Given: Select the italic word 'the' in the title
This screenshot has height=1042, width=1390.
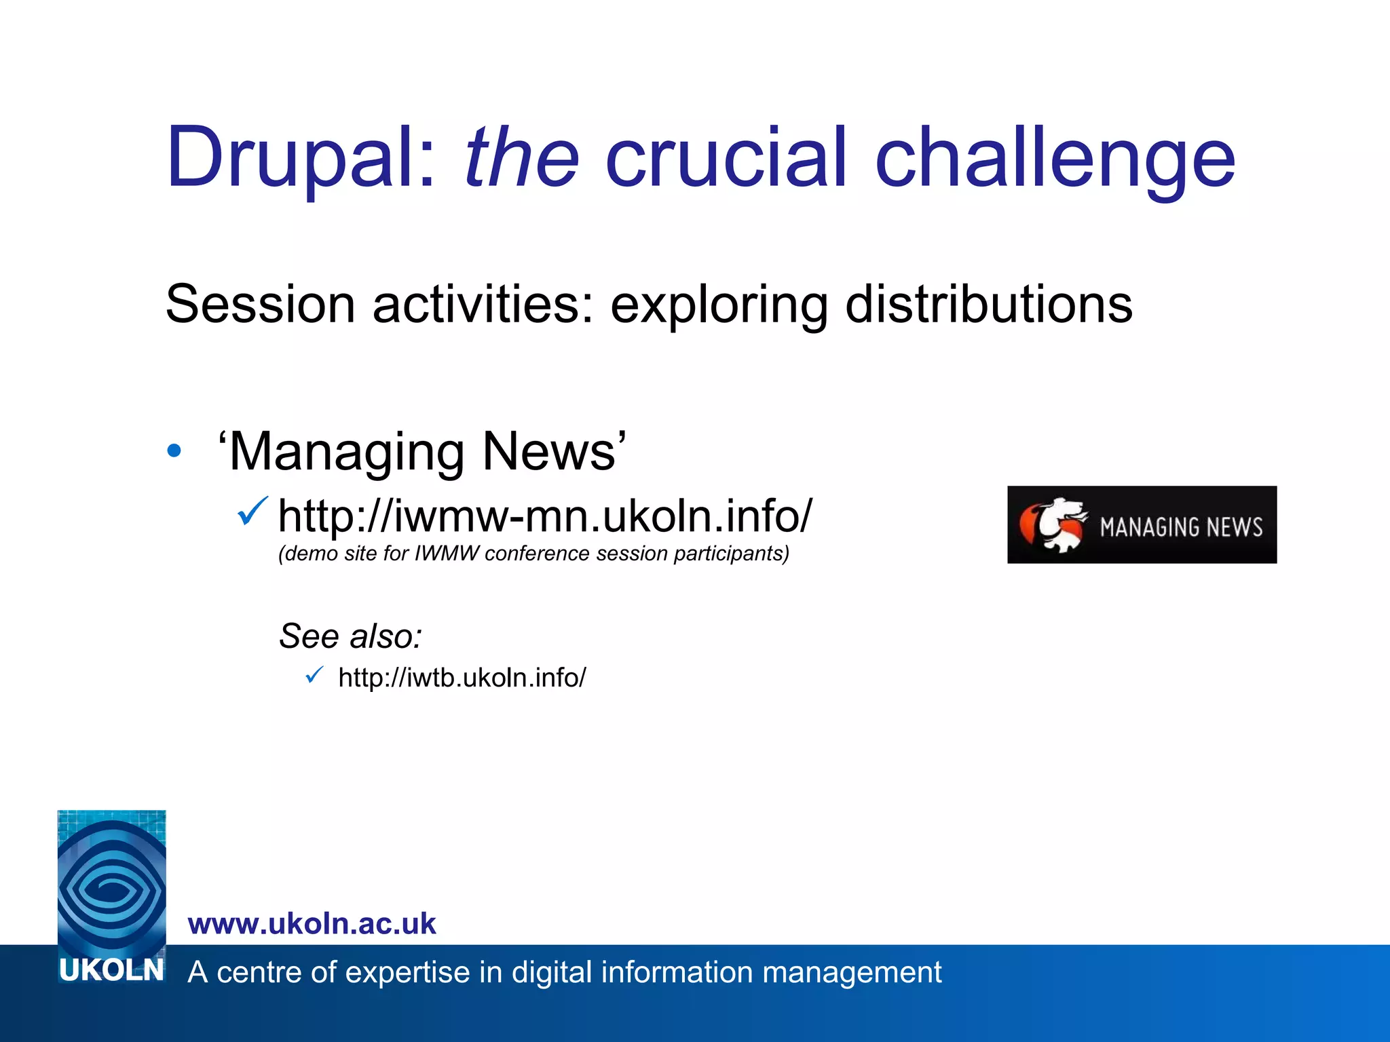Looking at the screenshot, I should coord(521,157).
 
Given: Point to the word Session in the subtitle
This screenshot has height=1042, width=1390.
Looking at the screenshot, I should coord(260,304).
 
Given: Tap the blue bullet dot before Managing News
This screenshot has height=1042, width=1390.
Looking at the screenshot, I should coord(174,450).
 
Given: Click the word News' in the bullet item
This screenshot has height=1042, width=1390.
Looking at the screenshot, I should coord(554,451).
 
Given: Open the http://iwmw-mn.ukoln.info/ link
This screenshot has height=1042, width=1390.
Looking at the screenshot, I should coord(544,516).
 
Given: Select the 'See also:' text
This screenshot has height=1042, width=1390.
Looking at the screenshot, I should coord(351,636).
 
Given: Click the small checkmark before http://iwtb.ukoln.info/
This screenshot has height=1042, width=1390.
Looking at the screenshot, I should coord(314,675).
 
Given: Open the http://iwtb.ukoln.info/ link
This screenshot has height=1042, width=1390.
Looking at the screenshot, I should coord(462,678).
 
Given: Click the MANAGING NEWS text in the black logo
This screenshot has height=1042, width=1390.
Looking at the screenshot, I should coord(1181,527).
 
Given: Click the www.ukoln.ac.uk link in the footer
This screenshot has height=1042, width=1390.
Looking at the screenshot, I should coord(312,924).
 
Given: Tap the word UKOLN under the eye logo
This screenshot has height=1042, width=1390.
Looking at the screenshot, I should coord(111,970).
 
